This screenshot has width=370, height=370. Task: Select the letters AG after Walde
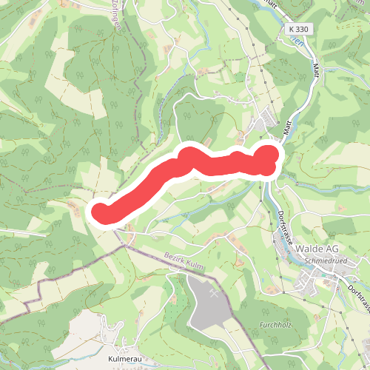(332, 248)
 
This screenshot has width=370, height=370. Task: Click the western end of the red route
(101, 212)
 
